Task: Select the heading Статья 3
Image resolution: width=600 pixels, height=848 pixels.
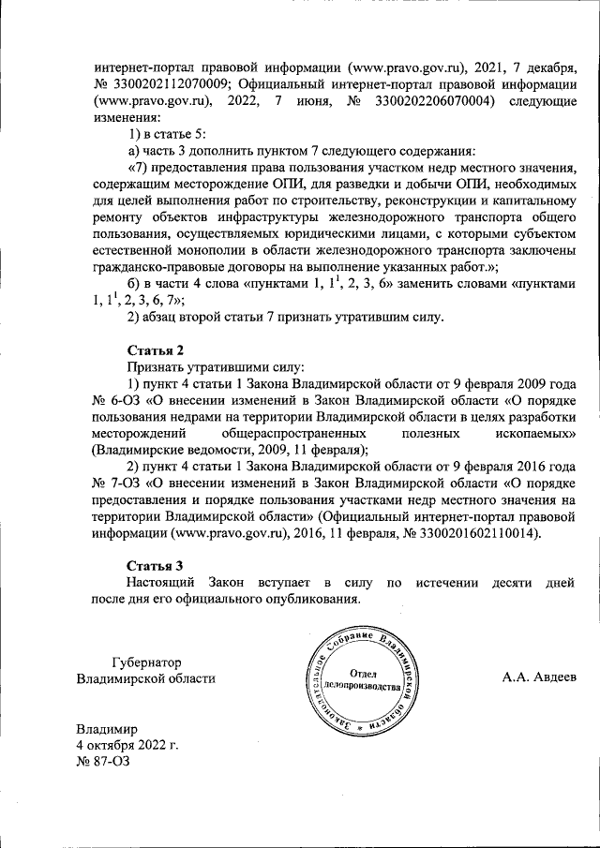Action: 157,564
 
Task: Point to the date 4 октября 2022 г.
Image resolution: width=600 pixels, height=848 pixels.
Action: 127,746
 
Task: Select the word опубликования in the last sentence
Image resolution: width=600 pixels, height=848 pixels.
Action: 312,598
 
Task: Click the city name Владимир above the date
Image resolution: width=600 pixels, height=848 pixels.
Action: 106,730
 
